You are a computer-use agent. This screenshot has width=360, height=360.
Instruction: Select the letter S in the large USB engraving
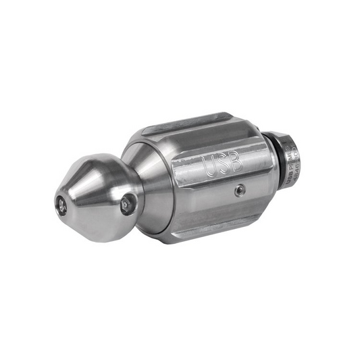[218, 164]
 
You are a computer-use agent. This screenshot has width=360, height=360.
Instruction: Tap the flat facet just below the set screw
[223, 206]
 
